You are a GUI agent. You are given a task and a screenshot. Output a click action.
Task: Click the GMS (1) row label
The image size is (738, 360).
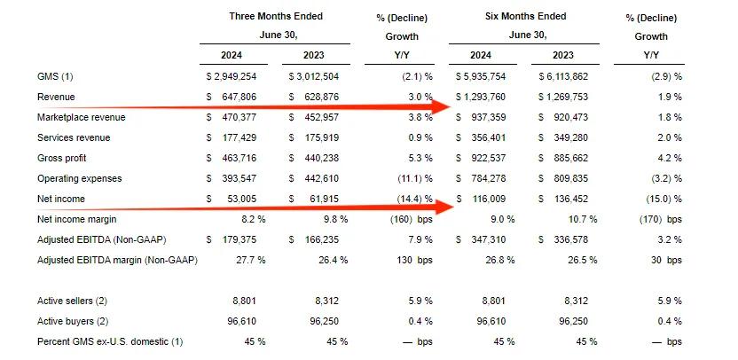coord(55,77)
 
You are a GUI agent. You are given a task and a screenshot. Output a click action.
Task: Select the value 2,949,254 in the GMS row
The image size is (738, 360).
coord(235,77)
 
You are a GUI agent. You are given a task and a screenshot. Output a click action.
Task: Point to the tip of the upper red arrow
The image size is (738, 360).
coord(454,106)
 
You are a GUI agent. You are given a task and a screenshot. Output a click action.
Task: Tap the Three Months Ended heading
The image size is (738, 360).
coord(276,16)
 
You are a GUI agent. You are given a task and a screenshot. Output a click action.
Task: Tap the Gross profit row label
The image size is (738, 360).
coord(66,158)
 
